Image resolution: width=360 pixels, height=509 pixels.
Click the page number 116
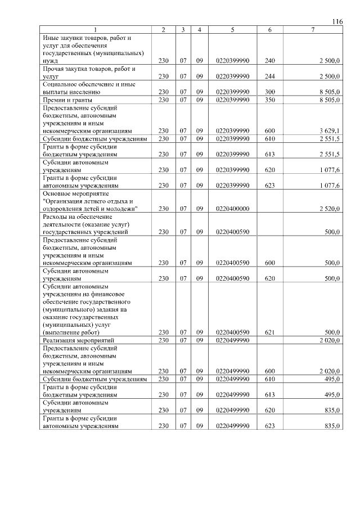pos(337,21)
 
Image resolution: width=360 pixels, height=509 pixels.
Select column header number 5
pos(232,29)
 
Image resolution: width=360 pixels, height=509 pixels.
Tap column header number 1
pos(95,29)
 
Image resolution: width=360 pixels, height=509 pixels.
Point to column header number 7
pos(313,29)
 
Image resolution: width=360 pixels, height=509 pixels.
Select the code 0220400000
pos(232,209)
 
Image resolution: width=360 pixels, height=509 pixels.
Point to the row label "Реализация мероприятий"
pos(79,340)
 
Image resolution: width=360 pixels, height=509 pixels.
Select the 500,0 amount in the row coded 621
pos(332,332)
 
